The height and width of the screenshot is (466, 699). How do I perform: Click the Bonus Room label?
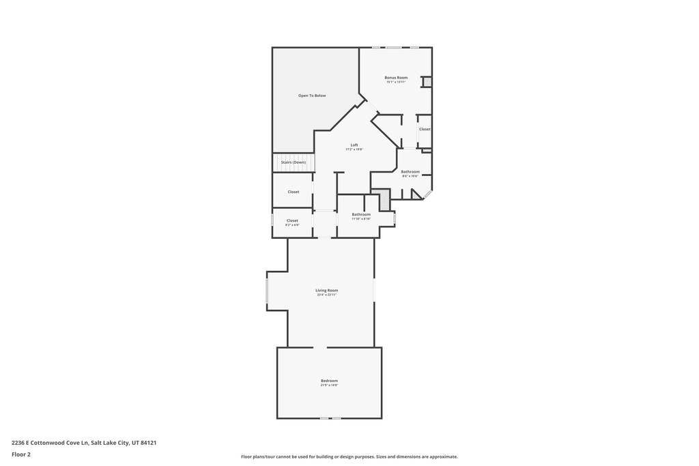point(396,78)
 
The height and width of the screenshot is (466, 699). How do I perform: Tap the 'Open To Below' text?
point(312,96)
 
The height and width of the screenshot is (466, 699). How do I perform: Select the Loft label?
point(354,145)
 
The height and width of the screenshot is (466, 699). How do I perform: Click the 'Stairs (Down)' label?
point(293,162)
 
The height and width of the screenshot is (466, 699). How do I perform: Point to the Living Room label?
point(327,291)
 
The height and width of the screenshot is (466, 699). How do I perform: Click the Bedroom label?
point(329,381)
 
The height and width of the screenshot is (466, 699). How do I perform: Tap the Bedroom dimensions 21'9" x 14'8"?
point(329,385)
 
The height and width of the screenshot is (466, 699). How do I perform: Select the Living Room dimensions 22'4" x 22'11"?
point(327,295)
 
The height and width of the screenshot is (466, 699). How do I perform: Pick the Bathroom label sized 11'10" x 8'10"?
point(361,215)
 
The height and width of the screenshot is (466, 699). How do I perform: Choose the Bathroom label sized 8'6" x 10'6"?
point(410,172)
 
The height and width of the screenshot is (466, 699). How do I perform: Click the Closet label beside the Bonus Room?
point(425,129)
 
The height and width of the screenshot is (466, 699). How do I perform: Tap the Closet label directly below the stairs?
point(293,192)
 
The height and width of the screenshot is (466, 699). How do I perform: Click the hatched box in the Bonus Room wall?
point(427,82)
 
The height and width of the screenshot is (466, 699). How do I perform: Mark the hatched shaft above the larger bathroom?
point(384,200)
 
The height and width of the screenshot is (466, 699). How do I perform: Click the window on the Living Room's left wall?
point(267,291)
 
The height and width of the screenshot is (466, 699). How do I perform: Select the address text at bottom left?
point(84,442)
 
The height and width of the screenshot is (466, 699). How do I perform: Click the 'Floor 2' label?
point(21,454)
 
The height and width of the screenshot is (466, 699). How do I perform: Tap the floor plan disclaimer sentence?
point(349,457)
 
